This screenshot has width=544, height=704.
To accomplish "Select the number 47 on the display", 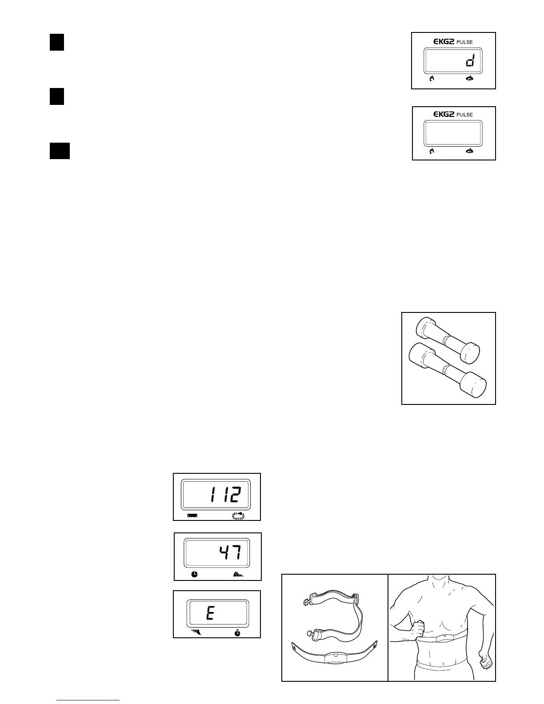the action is click(x=230, y=553).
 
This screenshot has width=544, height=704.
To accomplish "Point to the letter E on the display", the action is click(x=210, y=614).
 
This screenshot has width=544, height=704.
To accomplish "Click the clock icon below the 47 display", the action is click(x=195, y=574).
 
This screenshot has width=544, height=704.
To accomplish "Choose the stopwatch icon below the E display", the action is click(x=238, y=632).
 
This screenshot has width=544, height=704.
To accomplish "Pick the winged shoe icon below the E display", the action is click(x=195, y=632).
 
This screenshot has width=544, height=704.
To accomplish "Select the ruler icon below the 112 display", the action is click(x=192, y=516).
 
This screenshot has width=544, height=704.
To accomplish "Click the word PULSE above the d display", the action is click(x=464, y=42).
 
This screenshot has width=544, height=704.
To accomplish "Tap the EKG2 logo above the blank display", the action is click(x=444, y=114).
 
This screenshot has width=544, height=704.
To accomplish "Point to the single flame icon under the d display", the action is click(x=431, y=79).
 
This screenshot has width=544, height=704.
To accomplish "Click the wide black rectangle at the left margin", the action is click(x=60, y=151).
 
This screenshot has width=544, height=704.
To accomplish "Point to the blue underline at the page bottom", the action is click(x=88, y=700).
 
